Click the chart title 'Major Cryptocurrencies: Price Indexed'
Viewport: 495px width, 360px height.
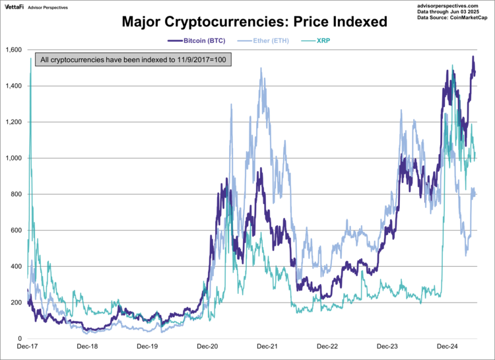click(254, 22)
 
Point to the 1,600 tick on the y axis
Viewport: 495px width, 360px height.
click(13, 50)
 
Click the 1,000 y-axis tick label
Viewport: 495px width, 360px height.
click(13, 159)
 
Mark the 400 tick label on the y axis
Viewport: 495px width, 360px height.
click(16, 267)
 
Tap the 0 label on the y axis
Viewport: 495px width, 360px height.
click(20, 339)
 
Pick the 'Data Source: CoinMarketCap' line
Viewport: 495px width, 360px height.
click(453, 18)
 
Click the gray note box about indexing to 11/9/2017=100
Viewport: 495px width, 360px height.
click(133, 60)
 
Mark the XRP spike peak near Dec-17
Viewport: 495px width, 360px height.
click(31, 59)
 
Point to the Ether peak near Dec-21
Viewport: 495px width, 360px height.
click(261, 68)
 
